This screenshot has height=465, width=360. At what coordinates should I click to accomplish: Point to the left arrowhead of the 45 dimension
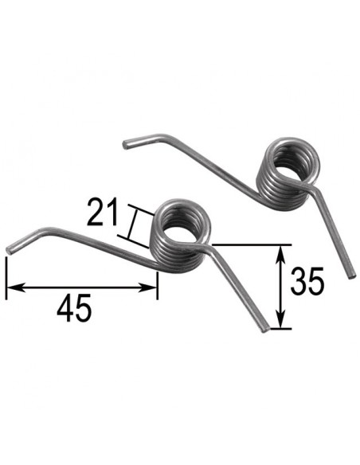tap(10, 287)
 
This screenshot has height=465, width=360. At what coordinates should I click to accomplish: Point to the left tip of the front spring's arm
tap(10, 249)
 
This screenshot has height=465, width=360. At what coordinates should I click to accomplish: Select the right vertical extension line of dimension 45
tap(158, 283)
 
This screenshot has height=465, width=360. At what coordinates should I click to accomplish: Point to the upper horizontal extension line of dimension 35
tap(255, 245)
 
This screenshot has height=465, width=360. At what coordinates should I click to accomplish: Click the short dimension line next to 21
tap(135, 223)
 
